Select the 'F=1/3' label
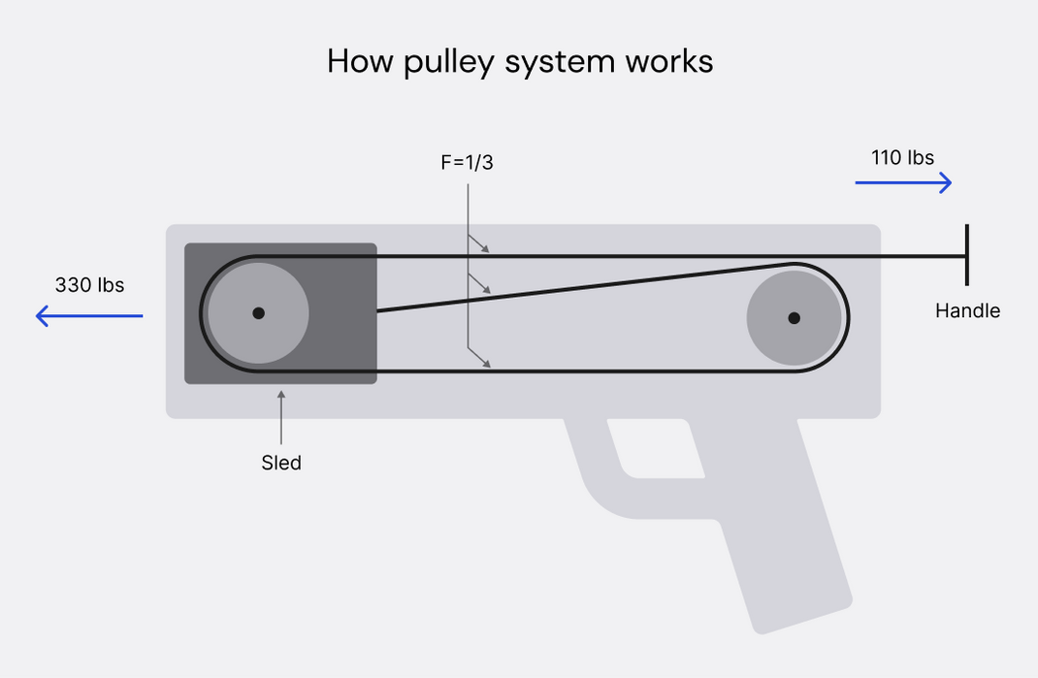[x=467, y=163]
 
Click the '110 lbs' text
[x=902, y=157]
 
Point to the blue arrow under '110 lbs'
[x=903, y=182]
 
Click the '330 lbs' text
[x=89, y=285]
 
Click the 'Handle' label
[x=967, y=311]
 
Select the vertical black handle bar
[x=966, y=254]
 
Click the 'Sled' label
[x=281, y=463]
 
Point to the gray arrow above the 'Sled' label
[x=281, y=417]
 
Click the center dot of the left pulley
[x=258, y=313]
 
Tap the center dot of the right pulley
[x=794, y=317]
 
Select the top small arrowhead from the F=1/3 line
[x=484, y=249]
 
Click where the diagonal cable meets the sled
[x=377, y=310]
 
